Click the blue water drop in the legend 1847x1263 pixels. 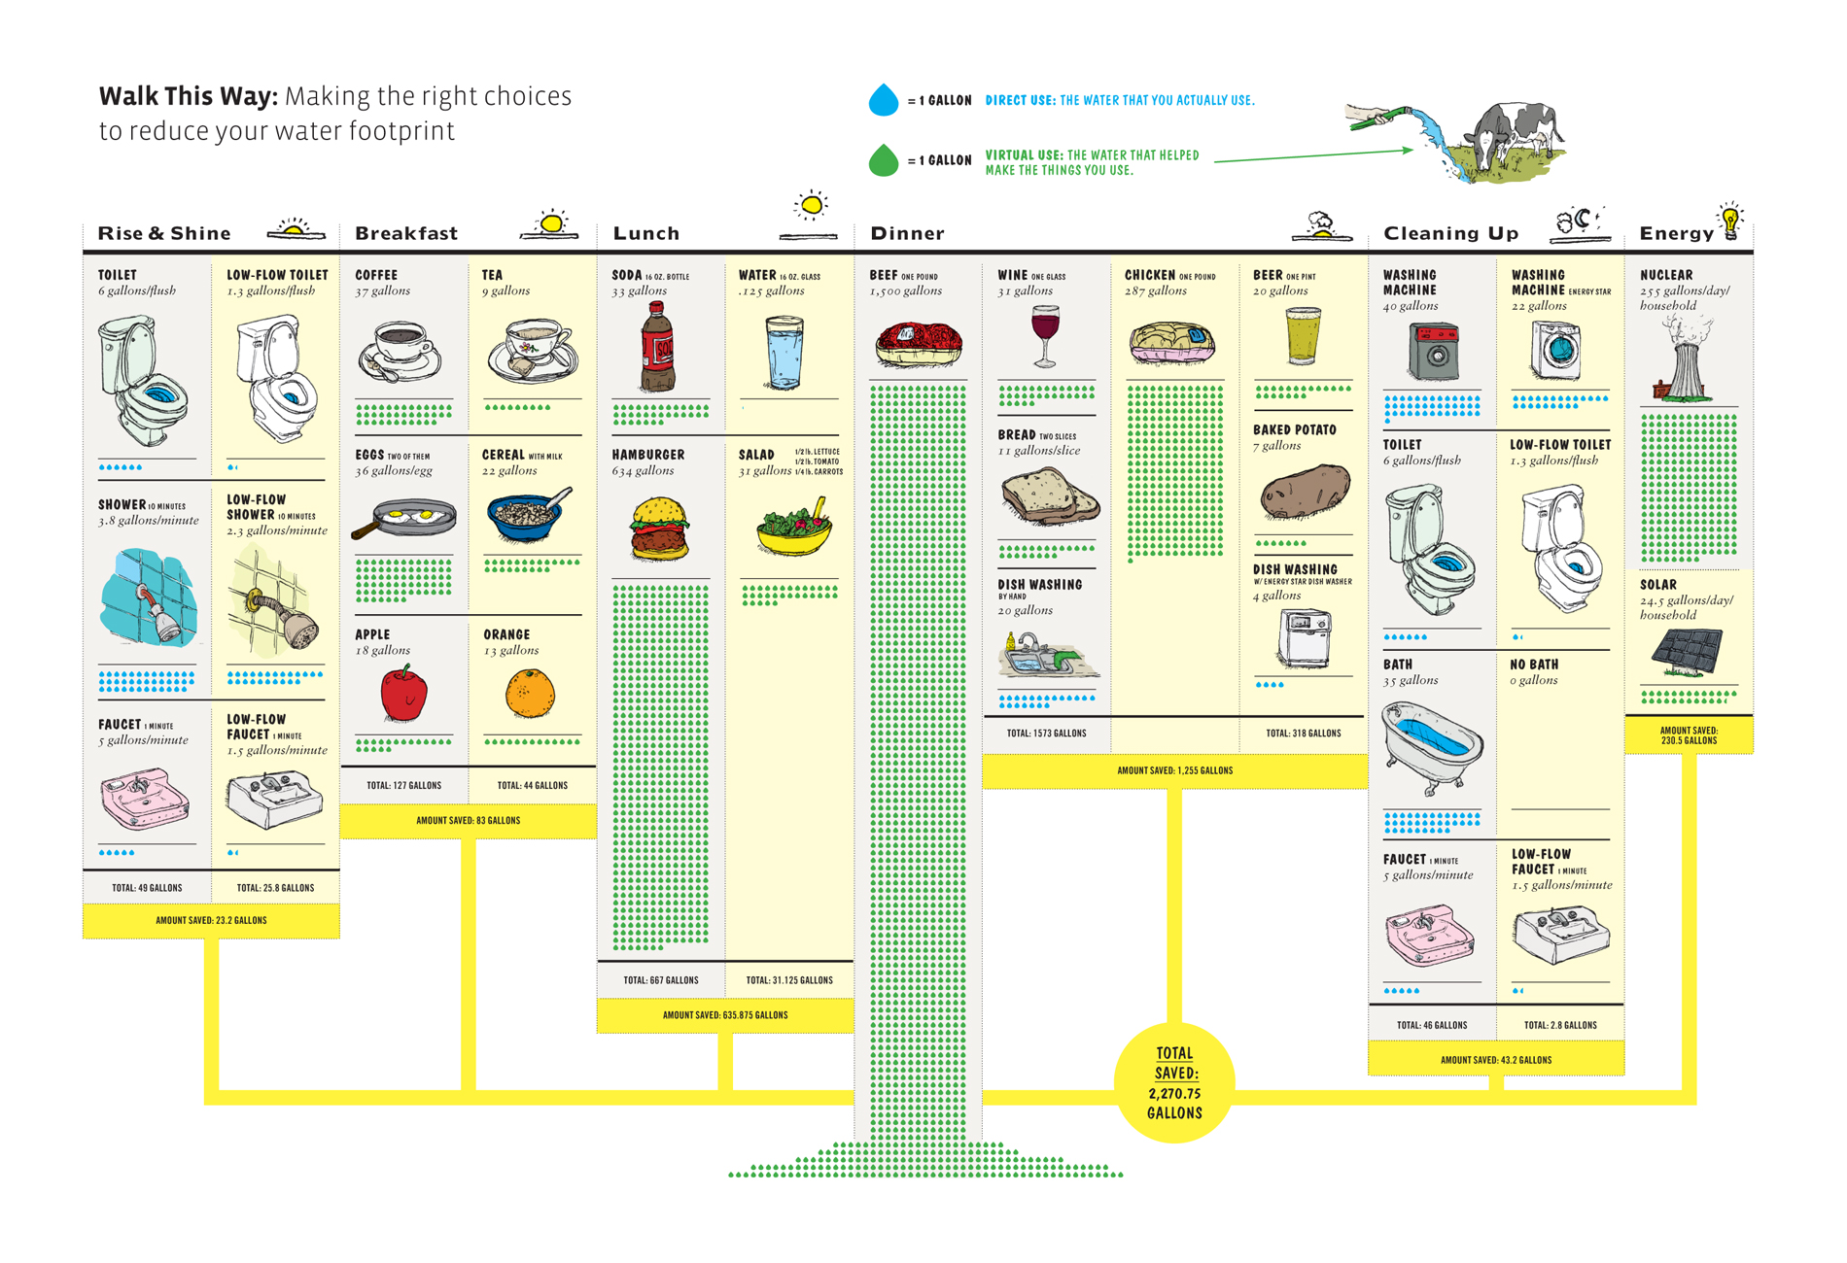[883, 101]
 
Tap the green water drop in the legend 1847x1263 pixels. [883, 161]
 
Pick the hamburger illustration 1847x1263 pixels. [660, 529]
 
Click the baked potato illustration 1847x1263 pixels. [1305, 492]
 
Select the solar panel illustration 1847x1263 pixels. [1688, 652]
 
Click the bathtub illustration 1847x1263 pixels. [1432, 744]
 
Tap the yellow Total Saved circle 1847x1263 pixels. [1174, 1082]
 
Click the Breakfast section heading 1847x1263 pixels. [406, 233]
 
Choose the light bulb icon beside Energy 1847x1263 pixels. [1730, 222]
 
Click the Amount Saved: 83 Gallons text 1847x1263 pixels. [468, 821]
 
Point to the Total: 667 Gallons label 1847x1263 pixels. [661, 980]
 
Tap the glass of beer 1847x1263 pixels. [1302, 336]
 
